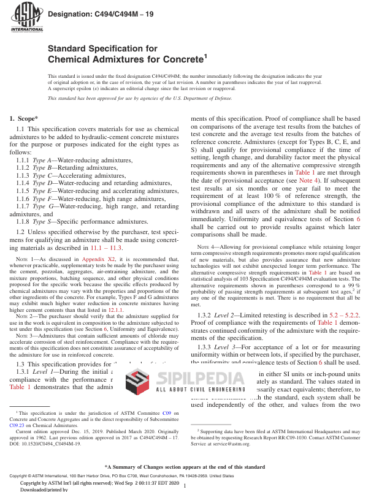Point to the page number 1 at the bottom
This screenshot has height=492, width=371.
(185, 485)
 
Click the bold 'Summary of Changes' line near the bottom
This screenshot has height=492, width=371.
(185, 467)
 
